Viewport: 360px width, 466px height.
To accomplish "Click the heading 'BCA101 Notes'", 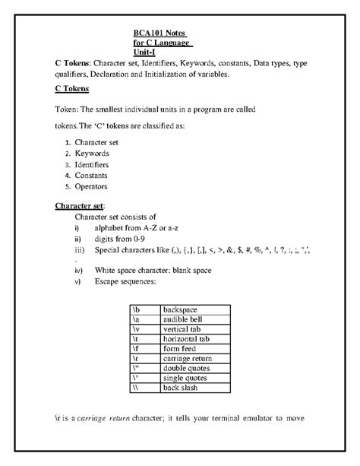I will tap(159, 33).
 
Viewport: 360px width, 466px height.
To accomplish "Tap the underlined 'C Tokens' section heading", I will tap(74, 89).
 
